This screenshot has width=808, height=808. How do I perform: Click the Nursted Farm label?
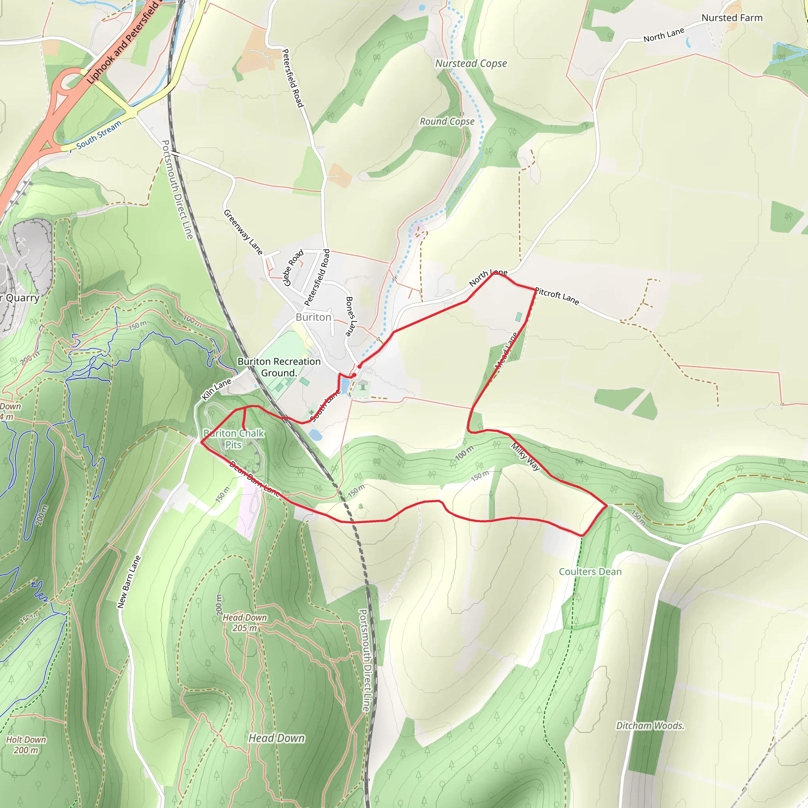[x=732, y=18]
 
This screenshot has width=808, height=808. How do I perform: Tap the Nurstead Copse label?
[x=471, y=64]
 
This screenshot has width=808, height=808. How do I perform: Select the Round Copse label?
[x=447, y=122]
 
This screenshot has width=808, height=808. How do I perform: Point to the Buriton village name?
[x=313, y=318]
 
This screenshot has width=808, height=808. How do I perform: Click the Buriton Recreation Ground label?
[x=279, y=367]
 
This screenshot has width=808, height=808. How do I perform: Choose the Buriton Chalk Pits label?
[x=234, y=439]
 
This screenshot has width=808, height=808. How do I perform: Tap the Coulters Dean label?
[x=590, y=572]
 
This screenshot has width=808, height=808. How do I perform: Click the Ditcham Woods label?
[x=650, y=726]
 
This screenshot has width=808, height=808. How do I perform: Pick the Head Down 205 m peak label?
[x=245, y=623]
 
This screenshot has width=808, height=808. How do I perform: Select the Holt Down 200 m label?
[x=26, y=745]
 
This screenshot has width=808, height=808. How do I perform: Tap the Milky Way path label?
[x=526, y=457]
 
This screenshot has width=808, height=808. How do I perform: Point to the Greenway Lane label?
[x=243, y=232]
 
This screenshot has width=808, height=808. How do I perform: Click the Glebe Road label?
[x=293, y=267]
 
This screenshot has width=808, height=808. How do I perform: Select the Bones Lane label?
[x=350, y=316]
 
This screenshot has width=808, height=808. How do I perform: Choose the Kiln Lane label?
[x=216, y=389]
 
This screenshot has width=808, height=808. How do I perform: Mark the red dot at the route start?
[x=359, y=367]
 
